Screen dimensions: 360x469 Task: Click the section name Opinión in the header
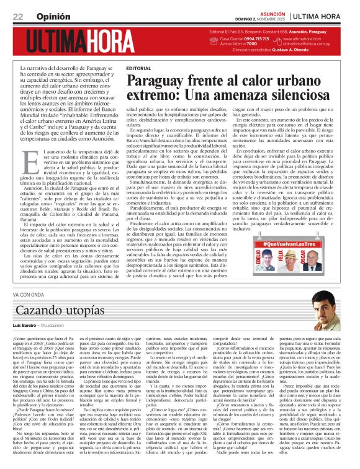[52, 16]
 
